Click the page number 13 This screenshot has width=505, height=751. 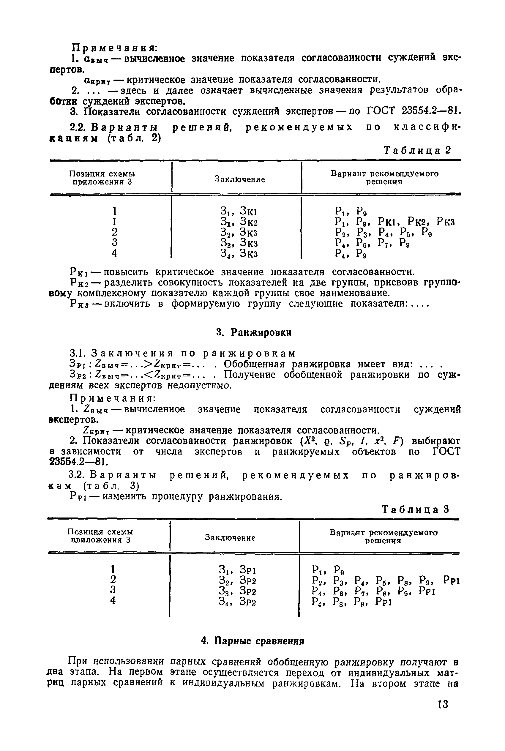click(443, 704)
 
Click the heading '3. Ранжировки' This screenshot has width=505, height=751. click(254, 333)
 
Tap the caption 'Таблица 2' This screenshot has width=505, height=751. click(417, 150)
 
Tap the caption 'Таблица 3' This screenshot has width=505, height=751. click(415, 509)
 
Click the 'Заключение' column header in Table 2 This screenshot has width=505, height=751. click(240, 179)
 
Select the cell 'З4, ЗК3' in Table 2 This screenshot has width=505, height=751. click(239, 254)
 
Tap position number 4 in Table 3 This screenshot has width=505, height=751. click(113, 601)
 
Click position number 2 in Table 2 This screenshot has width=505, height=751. click(114, 232)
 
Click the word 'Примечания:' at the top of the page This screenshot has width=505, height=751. click(114, 47)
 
